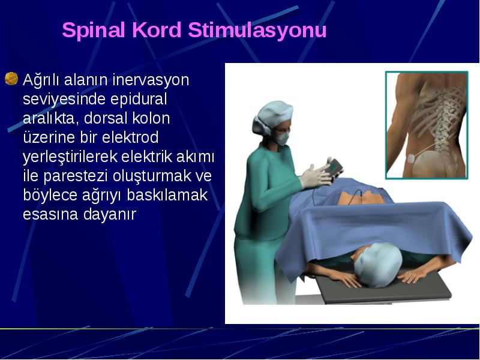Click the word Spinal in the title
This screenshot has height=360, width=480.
[94, 31]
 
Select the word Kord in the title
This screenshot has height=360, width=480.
[157, 29]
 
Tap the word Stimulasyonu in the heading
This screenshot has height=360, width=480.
[257, 31]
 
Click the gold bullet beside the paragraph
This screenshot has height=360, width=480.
[11, 79]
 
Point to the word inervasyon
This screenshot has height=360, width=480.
[151, 80]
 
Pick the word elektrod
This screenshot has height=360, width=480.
[130, 137]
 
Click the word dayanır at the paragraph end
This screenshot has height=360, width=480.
[109, 215]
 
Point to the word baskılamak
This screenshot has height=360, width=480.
[167, 195]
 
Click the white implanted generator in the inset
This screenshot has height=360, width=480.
[411, 158]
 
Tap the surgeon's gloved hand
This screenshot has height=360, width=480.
[316, 177]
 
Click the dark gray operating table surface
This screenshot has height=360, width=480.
[383, 289]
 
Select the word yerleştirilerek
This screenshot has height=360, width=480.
[70, 157]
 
